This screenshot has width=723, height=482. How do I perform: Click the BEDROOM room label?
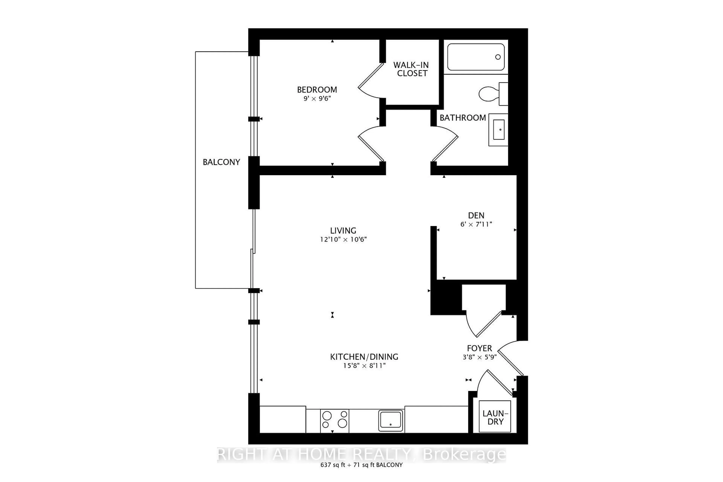317,90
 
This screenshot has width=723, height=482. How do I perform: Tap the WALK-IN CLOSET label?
411,69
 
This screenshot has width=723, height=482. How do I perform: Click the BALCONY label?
221,162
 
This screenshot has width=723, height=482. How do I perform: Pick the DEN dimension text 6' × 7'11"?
476,224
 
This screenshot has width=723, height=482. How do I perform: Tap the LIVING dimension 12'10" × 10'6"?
343,239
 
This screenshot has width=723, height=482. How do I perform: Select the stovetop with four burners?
334,420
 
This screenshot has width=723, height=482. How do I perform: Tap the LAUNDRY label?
495,417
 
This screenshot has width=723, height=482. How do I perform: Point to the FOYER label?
479,348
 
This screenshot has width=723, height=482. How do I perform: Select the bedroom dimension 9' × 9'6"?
317,99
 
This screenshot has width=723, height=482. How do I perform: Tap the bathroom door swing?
445,144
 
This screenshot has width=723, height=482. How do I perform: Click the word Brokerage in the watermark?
464,455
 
